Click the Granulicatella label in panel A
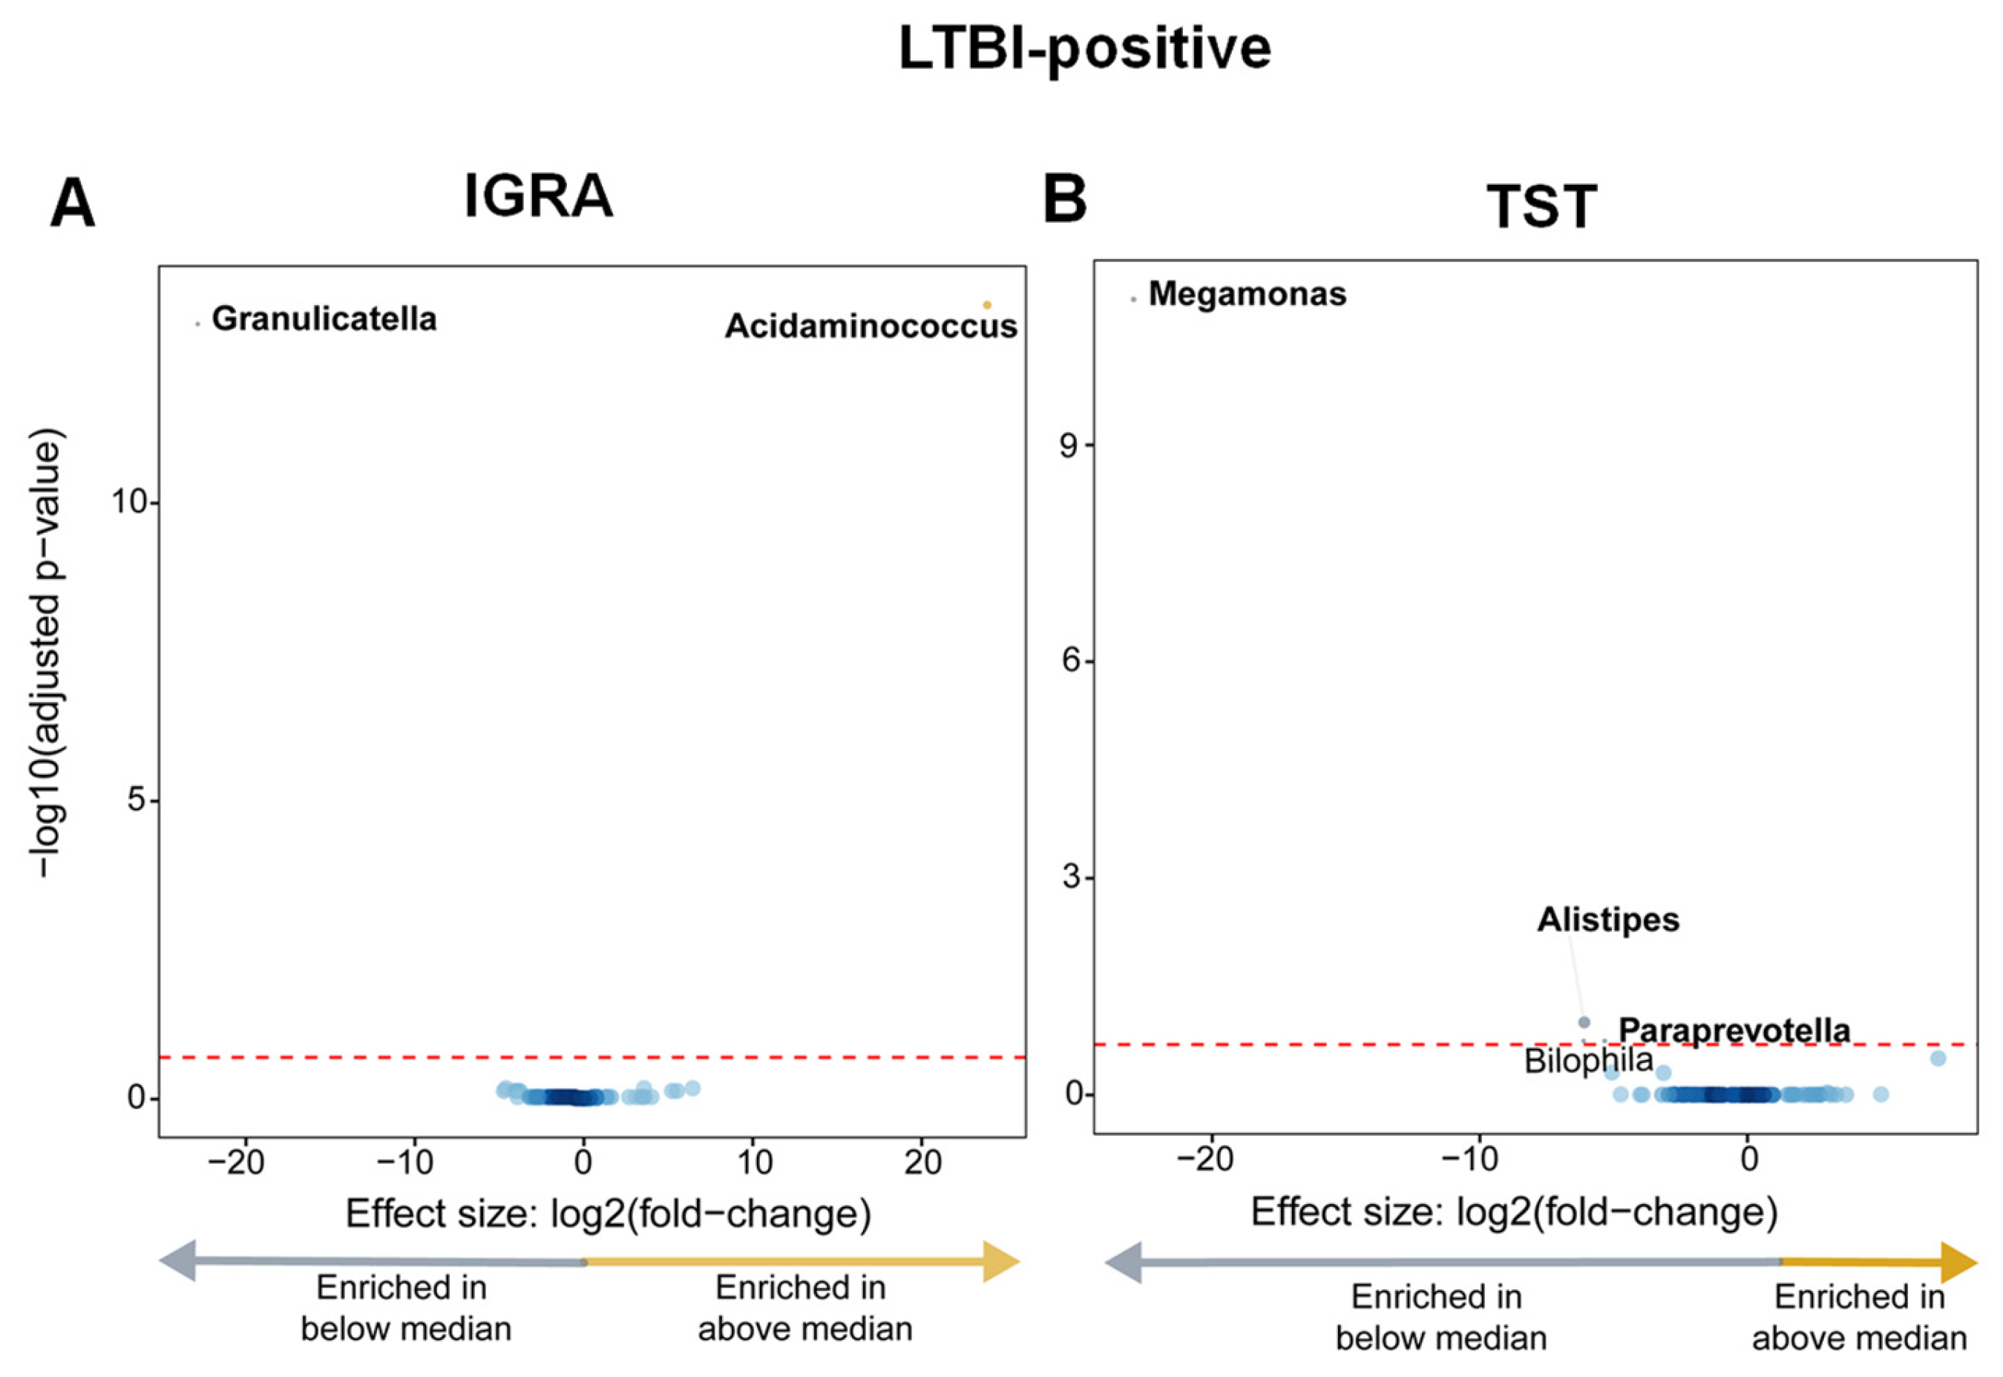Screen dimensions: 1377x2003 324,319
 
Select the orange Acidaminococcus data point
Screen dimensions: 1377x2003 987,304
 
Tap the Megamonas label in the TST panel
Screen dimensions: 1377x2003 1247,294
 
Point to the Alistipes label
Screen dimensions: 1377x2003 1608,920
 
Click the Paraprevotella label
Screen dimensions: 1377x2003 1734,1030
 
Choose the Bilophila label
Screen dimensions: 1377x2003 1588,1060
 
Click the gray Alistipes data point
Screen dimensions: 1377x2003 1584,1022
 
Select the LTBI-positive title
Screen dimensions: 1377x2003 1084,48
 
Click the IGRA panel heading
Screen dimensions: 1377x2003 538,197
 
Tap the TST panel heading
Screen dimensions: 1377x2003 1541,207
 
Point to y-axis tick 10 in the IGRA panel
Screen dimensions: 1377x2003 129,501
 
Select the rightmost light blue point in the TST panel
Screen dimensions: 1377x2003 1938,1058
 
